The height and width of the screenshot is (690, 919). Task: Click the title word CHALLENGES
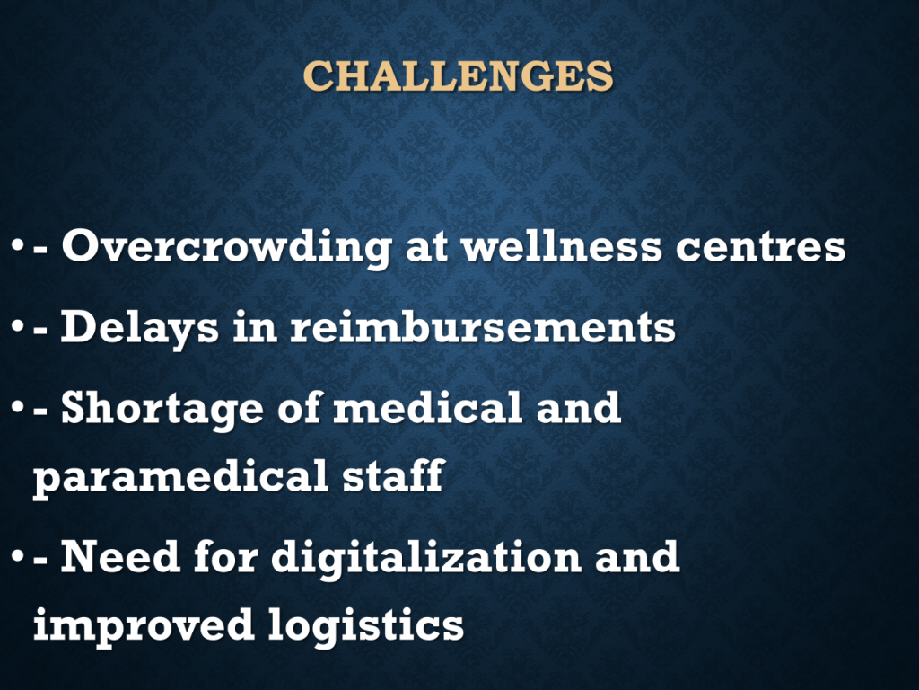pos(458,75)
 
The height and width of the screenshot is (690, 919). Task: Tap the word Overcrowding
pos(227,247)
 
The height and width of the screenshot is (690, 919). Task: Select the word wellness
pos(562,246)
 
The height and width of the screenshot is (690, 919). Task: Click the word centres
pos(760,248)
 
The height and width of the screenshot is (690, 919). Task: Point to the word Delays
pos(140,327)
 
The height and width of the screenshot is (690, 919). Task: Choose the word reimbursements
pos(483,327)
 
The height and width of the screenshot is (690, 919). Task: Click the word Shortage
pos(162,409)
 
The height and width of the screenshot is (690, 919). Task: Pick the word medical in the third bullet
pos(427,407)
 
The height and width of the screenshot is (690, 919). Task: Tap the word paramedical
pos(180,476)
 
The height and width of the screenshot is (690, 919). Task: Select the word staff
pos(393,474)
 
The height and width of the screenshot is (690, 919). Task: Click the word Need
pos(120,555)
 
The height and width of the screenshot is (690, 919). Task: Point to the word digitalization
pos(426,557)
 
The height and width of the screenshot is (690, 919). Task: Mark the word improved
pos(144,625)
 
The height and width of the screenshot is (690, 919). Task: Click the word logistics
pos(366,625)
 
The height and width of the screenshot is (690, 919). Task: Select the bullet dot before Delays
pos(18,327)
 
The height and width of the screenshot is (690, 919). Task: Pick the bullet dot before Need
pos(18,557)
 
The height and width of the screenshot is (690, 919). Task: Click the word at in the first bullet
pos(426,248)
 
